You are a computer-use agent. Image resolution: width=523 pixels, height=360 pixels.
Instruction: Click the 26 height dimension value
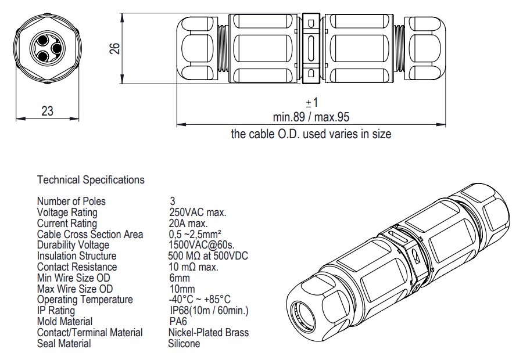point(114,49)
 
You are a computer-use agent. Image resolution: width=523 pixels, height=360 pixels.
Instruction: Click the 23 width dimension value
point(48,111)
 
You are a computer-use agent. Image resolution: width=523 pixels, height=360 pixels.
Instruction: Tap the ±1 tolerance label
point(312,103)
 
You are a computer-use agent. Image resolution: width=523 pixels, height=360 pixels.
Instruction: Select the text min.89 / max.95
point(311,117)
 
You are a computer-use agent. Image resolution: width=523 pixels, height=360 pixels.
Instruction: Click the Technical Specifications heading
point(91,180)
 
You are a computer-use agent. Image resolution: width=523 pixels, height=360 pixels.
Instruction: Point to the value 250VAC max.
point(197,213)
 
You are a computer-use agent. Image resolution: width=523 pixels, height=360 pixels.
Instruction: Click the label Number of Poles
point(71,201)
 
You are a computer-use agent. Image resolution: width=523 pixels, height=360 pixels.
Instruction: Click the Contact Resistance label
point(77,267)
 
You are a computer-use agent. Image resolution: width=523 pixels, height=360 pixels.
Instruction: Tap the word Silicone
point(184,344)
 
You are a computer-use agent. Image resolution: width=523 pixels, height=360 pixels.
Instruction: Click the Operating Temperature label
point(85,300)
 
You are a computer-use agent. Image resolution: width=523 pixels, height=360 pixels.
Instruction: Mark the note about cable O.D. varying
point(311,134)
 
